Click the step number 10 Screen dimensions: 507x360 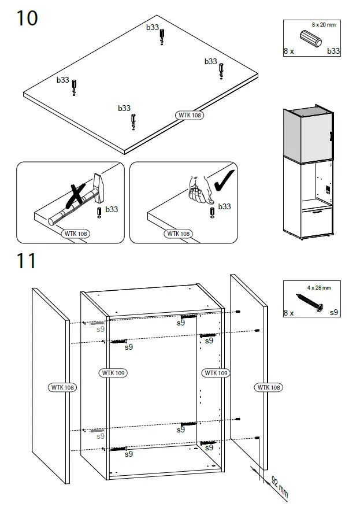point(27,18)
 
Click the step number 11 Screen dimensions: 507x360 point(26,261)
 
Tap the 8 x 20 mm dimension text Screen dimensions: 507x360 point(323,24)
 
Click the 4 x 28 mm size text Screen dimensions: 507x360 point(319,287)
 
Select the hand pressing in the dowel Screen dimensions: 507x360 point(199,191)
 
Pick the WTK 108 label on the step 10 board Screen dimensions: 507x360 point(190,115)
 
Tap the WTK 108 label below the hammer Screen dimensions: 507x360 point(76,234)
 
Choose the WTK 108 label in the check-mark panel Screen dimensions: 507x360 point(178,234)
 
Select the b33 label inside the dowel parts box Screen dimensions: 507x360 point(333,51)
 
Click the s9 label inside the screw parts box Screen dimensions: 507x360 point(333,313)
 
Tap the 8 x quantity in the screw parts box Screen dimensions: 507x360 point(289,313)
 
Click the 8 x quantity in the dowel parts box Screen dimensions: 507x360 point(289,51)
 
